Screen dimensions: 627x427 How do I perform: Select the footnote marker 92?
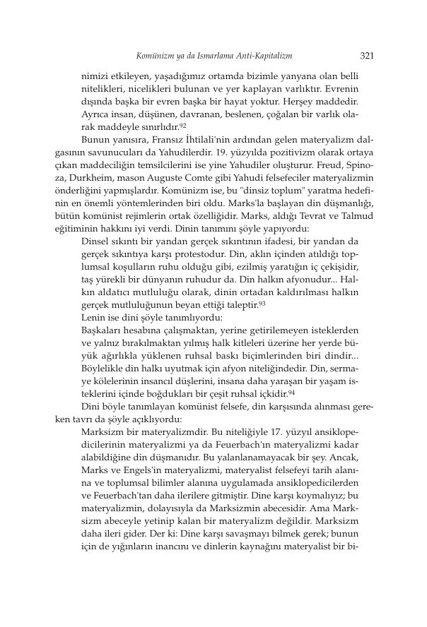pyautogui.click(x=182, y=124)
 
